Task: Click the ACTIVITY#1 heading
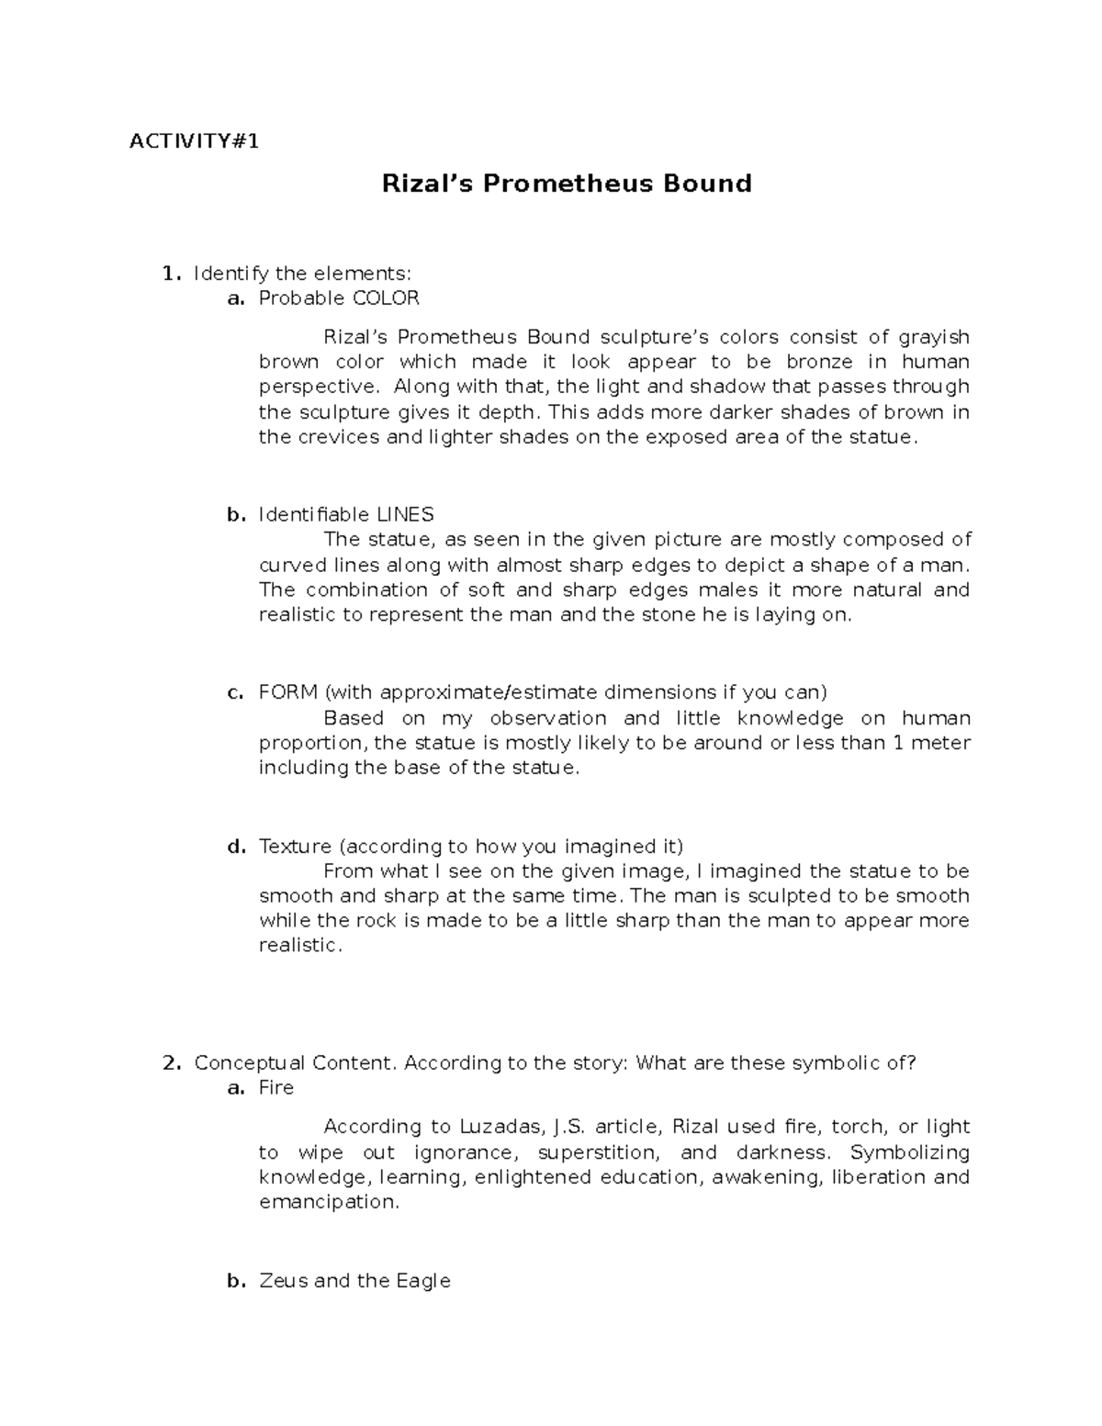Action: [194, 141]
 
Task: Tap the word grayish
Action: [933, 337]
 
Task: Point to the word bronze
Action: [819, 362]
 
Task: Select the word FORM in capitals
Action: [288, 692]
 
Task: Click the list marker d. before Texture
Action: [236, 846]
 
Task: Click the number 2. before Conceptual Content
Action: [171, 1063]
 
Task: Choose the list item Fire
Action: [276, 1088]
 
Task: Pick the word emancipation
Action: [329, 1202]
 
